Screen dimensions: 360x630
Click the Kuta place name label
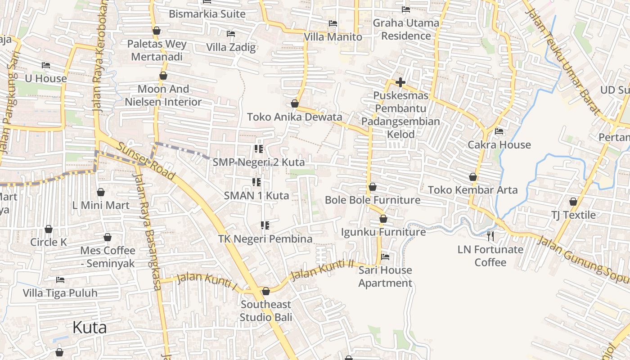[90, 327]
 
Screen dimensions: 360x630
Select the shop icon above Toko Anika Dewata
[295, 104]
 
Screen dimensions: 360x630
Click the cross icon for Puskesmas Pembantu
[400, 82]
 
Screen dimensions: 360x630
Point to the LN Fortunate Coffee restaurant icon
[490, 236]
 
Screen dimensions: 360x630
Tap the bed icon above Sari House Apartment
[385, 257]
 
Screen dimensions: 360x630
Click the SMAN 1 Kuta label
[256, 196]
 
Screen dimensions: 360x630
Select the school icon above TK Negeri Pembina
[265, 225]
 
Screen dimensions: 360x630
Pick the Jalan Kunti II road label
[322, 270]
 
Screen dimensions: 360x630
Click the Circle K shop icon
[49, 229]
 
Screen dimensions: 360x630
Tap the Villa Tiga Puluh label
[60, 293]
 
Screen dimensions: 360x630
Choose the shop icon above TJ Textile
[573, 202]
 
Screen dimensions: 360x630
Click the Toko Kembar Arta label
[472, 190]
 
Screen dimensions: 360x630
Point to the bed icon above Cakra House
[499, 131]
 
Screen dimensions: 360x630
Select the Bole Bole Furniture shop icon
[373, 187]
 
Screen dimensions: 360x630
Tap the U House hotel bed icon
[45, 65]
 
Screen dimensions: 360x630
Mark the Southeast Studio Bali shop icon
[266, 291]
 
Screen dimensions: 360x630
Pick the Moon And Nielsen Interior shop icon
[163, 76]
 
